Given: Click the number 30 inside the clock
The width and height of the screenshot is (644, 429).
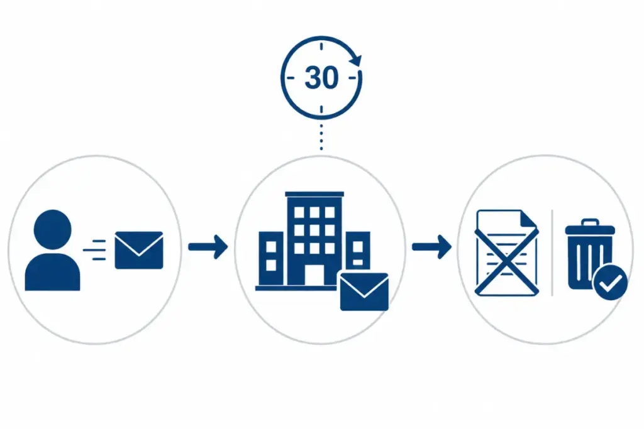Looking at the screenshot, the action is [x=321, y=77].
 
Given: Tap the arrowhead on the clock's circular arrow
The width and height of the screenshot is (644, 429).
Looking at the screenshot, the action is [x=356, y=60].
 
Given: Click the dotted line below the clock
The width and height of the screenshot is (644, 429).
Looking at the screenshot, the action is [x=321, y=137].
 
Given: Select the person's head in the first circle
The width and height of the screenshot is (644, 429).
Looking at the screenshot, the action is [x=53, y=230].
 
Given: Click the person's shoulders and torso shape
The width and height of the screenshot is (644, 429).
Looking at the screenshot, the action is [x=53, y=273].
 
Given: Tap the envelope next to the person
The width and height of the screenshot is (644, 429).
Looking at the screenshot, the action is [x=139, y=250].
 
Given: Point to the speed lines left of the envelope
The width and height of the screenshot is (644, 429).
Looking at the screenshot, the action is [x=95, y=250].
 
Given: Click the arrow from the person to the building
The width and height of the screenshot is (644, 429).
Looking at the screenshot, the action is [x=208, y=247].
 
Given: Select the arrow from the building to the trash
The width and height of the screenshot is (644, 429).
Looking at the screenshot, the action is [x=431, y=247].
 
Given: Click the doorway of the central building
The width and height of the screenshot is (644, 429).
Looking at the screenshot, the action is [x=314, y=274].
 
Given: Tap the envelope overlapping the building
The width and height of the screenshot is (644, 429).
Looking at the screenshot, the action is [x=364, y=291].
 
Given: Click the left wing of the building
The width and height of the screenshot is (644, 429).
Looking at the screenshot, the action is [x=271, y=258].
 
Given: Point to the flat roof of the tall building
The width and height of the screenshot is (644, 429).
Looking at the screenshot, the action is [x=314, y=194].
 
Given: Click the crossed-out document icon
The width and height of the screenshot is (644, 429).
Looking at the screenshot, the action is [x=507, y=253].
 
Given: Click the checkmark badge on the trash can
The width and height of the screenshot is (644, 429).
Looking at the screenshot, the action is [x=610, y=283].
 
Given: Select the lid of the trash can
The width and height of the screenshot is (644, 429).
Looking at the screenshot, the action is [x=590, y=230].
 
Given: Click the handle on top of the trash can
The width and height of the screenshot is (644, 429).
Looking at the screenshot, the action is [x=590, y=222].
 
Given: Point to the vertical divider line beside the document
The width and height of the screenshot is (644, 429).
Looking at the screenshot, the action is [x=552, y=253].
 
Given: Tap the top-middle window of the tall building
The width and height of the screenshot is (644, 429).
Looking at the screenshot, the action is [x=314, y=212].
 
